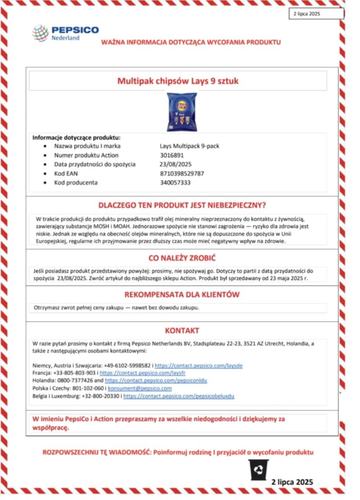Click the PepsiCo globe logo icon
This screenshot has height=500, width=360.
40,33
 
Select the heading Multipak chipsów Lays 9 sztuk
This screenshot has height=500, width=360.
178,81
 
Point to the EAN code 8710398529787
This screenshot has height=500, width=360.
182,173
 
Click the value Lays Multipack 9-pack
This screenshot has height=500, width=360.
190,146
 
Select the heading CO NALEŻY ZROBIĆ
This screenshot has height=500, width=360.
182,258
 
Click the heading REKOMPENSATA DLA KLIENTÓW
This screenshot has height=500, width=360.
182,295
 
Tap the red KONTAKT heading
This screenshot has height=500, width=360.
182,331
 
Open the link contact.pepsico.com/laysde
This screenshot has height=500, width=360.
199,366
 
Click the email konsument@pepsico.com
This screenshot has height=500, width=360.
140,388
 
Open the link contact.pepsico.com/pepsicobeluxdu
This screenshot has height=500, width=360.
179,396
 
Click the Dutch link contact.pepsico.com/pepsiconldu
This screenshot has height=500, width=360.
156,380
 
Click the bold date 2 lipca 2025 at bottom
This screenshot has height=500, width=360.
292,482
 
